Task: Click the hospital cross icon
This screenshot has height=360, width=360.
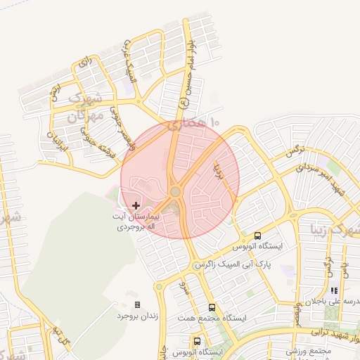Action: click(x=136, y=205)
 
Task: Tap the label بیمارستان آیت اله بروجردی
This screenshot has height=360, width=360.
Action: click(x=139, y=222)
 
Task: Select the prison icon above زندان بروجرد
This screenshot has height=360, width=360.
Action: click(x=137, y=304)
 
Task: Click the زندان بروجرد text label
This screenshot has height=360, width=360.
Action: click(x=137, y=316)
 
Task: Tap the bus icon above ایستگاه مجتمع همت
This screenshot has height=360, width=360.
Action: click(x=212, y=307)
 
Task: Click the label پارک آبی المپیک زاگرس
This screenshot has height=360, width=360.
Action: click(x=233, y=264)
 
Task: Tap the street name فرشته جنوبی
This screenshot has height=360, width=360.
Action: click(x=92, y=139)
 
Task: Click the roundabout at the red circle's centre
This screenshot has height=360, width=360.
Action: click(x=175, y=191)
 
